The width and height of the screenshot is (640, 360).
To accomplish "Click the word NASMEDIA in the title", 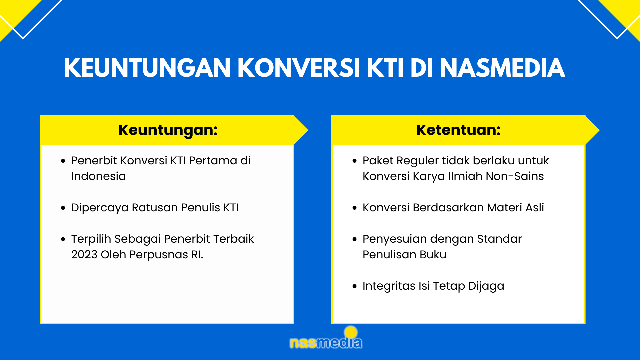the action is point(502,68).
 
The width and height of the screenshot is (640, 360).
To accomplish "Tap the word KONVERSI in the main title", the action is point(298,68).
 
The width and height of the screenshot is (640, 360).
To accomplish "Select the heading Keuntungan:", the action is point(168,130).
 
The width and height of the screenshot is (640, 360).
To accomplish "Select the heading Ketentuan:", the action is point(458,130).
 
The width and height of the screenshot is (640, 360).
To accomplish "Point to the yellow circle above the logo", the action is point(351,332).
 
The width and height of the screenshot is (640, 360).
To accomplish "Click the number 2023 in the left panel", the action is point(84,255).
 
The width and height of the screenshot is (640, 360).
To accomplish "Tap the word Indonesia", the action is point(98,176).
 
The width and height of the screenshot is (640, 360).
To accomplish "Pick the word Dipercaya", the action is point(100,208).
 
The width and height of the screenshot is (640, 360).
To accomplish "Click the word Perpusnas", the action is point(159,255).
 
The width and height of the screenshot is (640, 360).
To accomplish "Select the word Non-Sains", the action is point(515,176).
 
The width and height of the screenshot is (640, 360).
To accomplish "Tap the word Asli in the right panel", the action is point(535,207).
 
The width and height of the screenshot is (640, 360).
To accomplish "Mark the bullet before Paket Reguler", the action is point(354,161).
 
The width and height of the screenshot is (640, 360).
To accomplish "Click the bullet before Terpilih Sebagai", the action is point(63,239).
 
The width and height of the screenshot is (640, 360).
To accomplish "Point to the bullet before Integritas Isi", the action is point(354,286).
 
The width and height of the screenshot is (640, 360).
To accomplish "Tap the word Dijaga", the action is point(486,286).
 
